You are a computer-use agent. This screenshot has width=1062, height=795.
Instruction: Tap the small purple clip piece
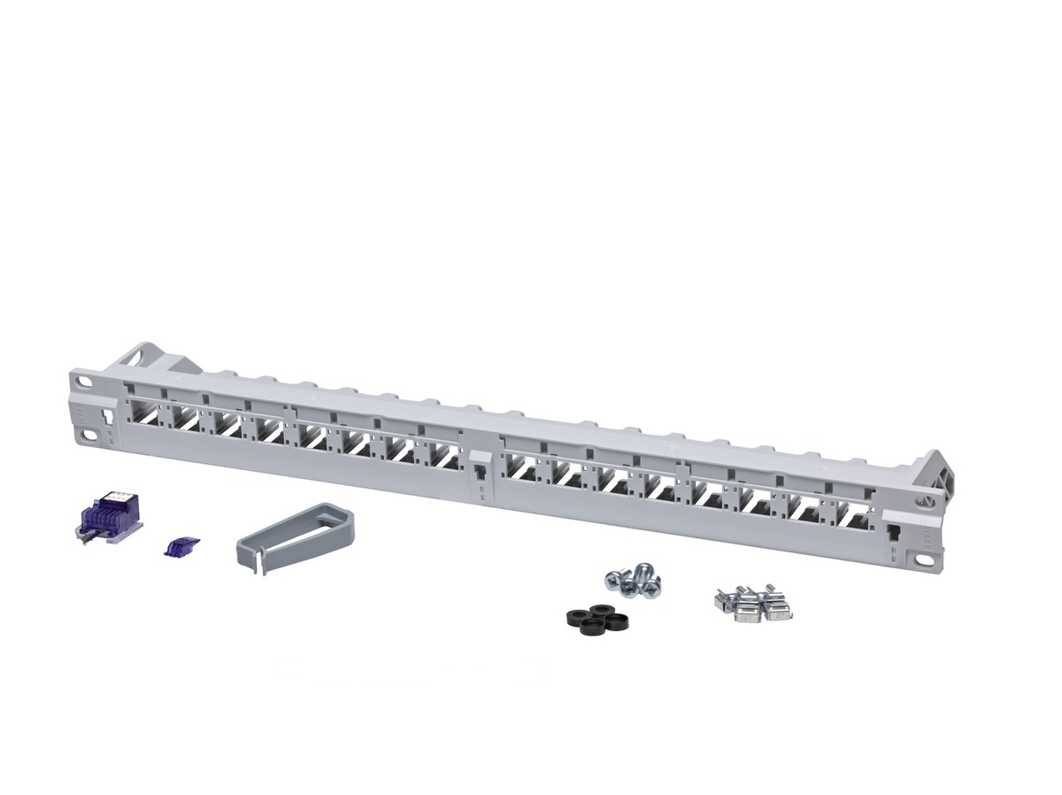tap(182, 545)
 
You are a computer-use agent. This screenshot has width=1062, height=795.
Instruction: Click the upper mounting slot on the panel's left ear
tap(84, 382)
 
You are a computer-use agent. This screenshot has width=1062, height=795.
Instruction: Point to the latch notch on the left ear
tap(108, 415)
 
